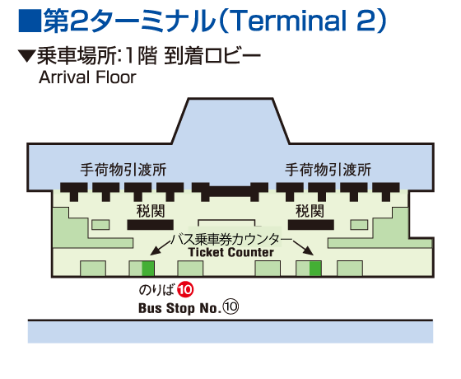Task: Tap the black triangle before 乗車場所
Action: coord(26,58)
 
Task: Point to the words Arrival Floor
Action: coord(87,78)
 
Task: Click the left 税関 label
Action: coord(141,211)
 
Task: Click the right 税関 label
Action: coord(310,211)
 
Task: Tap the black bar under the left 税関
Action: coord(150,224)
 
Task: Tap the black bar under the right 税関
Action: coord(310,224)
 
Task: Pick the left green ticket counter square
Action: coord(148,268)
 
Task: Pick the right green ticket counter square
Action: coord(315,268)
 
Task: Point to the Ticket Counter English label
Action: coord(230,253)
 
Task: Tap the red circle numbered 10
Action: coord(185,290)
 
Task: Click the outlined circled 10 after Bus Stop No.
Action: coord(230,306)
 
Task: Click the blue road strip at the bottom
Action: coord(230,331)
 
